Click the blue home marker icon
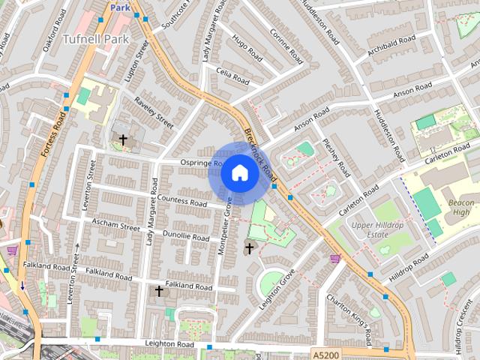[239, 173]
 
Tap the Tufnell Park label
[95, 38]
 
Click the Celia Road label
[232, 77]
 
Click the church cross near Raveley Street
[123, 139]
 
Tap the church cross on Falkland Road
[158, 289]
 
